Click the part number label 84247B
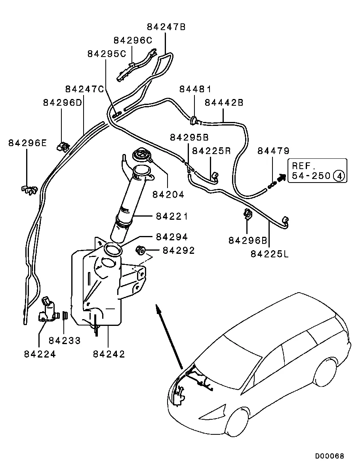pos(166,27)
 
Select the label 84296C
pos(133,40)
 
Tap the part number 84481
pos(195,89)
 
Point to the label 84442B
pos(224,103)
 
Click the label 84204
pos(168,195)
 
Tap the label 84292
pos(179,250)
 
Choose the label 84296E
pos(27,143)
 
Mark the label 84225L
pos(270,253)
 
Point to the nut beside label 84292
pos(139,250)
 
